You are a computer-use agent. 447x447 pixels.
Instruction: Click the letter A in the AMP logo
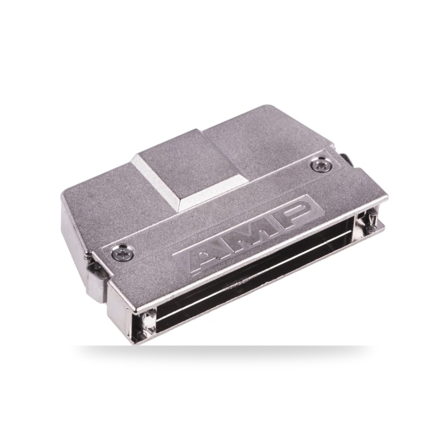pyautogui.click(x=211, y=257)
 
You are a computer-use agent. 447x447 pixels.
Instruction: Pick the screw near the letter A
pyautogui.click(x=122, y=252)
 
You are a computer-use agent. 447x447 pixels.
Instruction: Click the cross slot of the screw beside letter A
pyautogui.click(x=122, y=252)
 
